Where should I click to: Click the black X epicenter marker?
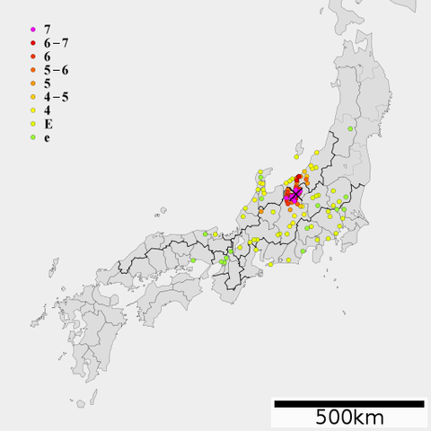click(x=295, y=195)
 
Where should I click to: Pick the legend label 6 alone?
click(x=47, y=57)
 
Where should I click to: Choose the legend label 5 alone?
click(x=47, y=84)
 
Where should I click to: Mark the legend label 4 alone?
click(x=47, y=110)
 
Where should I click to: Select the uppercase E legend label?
click(x=47, y=124)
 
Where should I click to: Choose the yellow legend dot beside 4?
click(x=32, y=111)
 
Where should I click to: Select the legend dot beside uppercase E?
click(x=32, y=125)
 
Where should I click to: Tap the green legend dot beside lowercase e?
click(x=32, y=138)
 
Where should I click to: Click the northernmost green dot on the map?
click(x=350, y=129)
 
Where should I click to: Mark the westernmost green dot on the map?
click(x=193, y=260)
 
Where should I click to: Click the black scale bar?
click(x=348, y=404)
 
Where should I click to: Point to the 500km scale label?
click(x=348, y=418)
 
